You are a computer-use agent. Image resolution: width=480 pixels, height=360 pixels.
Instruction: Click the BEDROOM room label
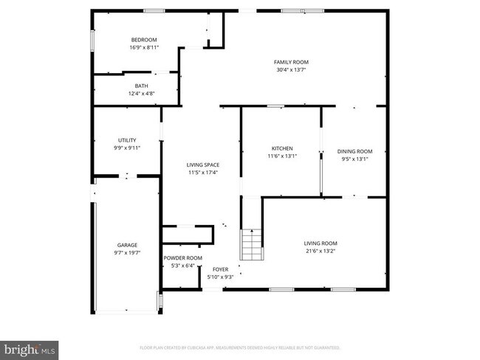tap(144, 40)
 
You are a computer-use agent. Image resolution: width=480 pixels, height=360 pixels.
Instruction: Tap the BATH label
tap(140, 86)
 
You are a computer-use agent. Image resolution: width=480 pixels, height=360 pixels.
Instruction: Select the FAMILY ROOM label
tap(291, 62)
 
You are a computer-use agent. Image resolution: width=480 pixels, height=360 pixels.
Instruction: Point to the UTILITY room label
tap(127, 140)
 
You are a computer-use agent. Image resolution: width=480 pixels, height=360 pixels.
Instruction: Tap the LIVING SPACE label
tap(202, 165)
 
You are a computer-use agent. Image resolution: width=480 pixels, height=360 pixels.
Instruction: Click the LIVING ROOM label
tap(320, 243)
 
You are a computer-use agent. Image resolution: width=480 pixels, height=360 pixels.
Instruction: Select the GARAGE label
tap(127, 245)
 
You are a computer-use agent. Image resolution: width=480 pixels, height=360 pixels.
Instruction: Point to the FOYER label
tap(222, 269)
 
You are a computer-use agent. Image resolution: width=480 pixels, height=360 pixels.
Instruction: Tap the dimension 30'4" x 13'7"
tap(291, 70)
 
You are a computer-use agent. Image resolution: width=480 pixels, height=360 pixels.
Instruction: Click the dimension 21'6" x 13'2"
tap(320, 250)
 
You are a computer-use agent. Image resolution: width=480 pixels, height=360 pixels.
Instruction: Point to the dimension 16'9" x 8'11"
tap(144, 48)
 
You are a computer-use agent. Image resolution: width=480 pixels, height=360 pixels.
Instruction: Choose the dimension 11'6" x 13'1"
tap(281, 156)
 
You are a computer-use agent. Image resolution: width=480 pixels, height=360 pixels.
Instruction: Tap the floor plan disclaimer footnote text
tap(240, 347)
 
